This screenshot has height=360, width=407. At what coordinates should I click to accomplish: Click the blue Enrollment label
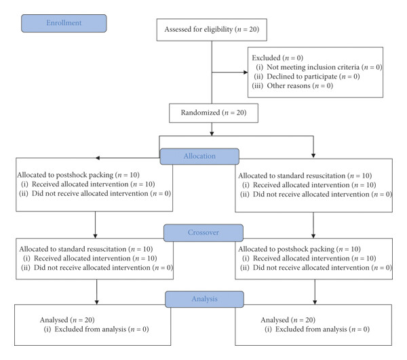pyautogui.click(x=64, y=23)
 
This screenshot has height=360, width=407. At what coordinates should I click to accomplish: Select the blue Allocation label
pyautogui.click(x=199, y=157)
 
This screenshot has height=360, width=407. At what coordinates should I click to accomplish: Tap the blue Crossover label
pyautogui.click(x=203, y=233)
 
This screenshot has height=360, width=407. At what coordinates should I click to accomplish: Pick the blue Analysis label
pyautogui.click(x=205, y=299)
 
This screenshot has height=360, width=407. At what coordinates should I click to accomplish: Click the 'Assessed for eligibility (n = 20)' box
pyautogui.click(x=212, y=30)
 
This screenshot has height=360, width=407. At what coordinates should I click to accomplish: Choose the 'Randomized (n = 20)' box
pyautogui.click(x=214, y=113)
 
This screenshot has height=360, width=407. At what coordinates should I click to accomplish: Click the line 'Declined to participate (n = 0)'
pyautogui.click(x=307, y=77)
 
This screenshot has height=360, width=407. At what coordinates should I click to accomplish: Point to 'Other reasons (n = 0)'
pyautogui.click(x=292, y=86)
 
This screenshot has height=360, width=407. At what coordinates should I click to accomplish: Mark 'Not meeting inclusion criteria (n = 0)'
pyautogui.click(x=319, y=67)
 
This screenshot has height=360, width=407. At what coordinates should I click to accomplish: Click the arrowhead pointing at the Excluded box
pyautogui.click(x=246, y=73)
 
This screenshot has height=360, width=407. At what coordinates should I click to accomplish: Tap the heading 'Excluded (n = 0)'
pyautogui.click(x=277, y=58)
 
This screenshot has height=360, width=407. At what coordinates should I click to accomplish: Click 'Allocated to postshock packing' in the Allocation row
pyautogui.click(x=65, y=175)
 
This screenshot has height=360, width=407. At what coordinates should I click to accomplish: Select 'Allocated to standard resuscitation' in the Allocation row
pyautogui.click(x=292, y=176)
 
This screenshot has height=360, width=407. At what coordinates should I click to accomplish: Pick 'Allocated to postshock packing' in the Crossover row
pyautogui.click(x=286, y=249)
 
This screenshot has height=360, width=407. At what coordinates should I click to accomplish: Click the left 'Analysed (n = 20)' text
pyautogui.click(x=67, y=320)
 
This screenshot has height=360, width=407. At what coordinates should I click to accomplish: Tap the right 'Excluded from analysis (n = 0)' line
pyautogui.click(x=317, y=329)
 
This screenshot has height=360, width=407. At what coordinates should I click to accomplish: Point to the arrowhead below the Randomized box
pyautogui.click(x=212, y=134)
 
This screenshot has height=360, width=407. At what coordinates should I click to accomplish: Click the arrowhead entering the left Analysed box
pyautogui.click(x=97, y=302)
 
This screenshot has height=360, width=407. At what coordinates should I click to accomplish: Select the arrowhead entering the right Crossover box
pyautogui.click(x=313, y=236)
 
